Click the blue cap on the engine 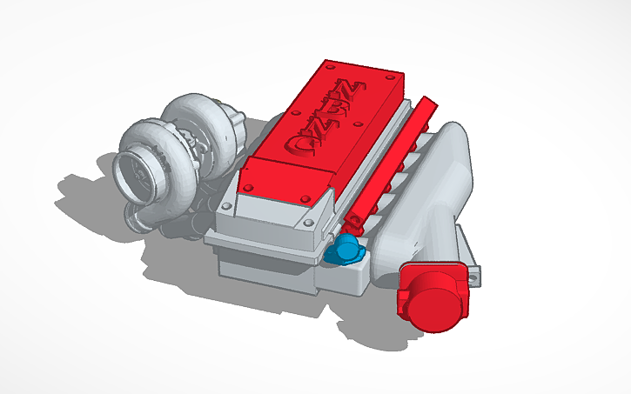tap(346, 250)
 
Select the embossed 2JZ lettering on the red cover tap(339, 123)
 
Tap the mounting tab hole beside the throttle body tap(476, 278)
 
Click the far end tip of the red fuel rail tap(427, 103)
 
